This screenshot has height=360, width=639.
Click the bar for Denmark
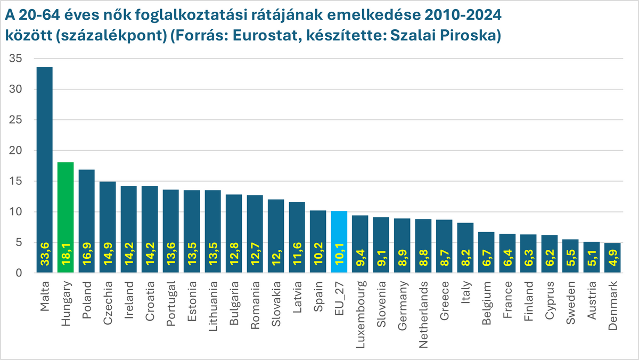pyautogui.click(x=613, y=258)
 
